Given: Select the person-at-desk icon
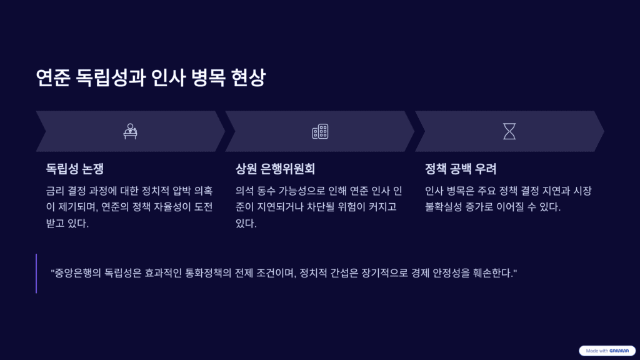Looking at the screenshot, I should point(130,131).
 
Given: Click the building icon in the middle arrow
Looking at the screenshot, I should point(320,131).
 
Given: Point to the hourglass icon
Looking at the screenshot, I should point(509,131).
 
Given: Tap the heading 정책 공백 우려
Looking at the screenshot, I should point(461,169).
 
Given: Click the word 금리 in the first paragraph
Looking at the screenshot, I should point(56,191).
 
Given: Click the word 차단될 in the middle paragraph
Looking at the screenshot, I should point(321,207).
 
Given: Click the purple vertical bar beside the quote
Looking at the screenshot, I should point(36,273).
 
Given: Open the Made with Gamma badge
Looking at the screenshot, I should point(607,351).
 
